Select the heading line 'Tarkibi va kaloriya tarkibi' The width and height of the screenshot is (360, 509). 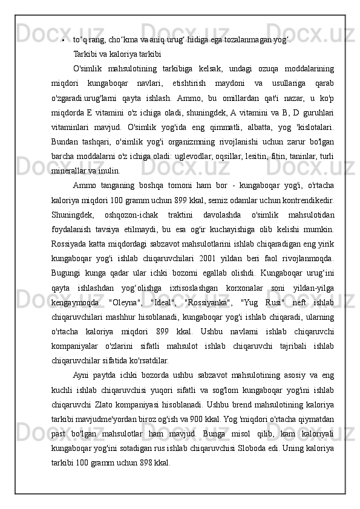[x=116, y=53]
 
